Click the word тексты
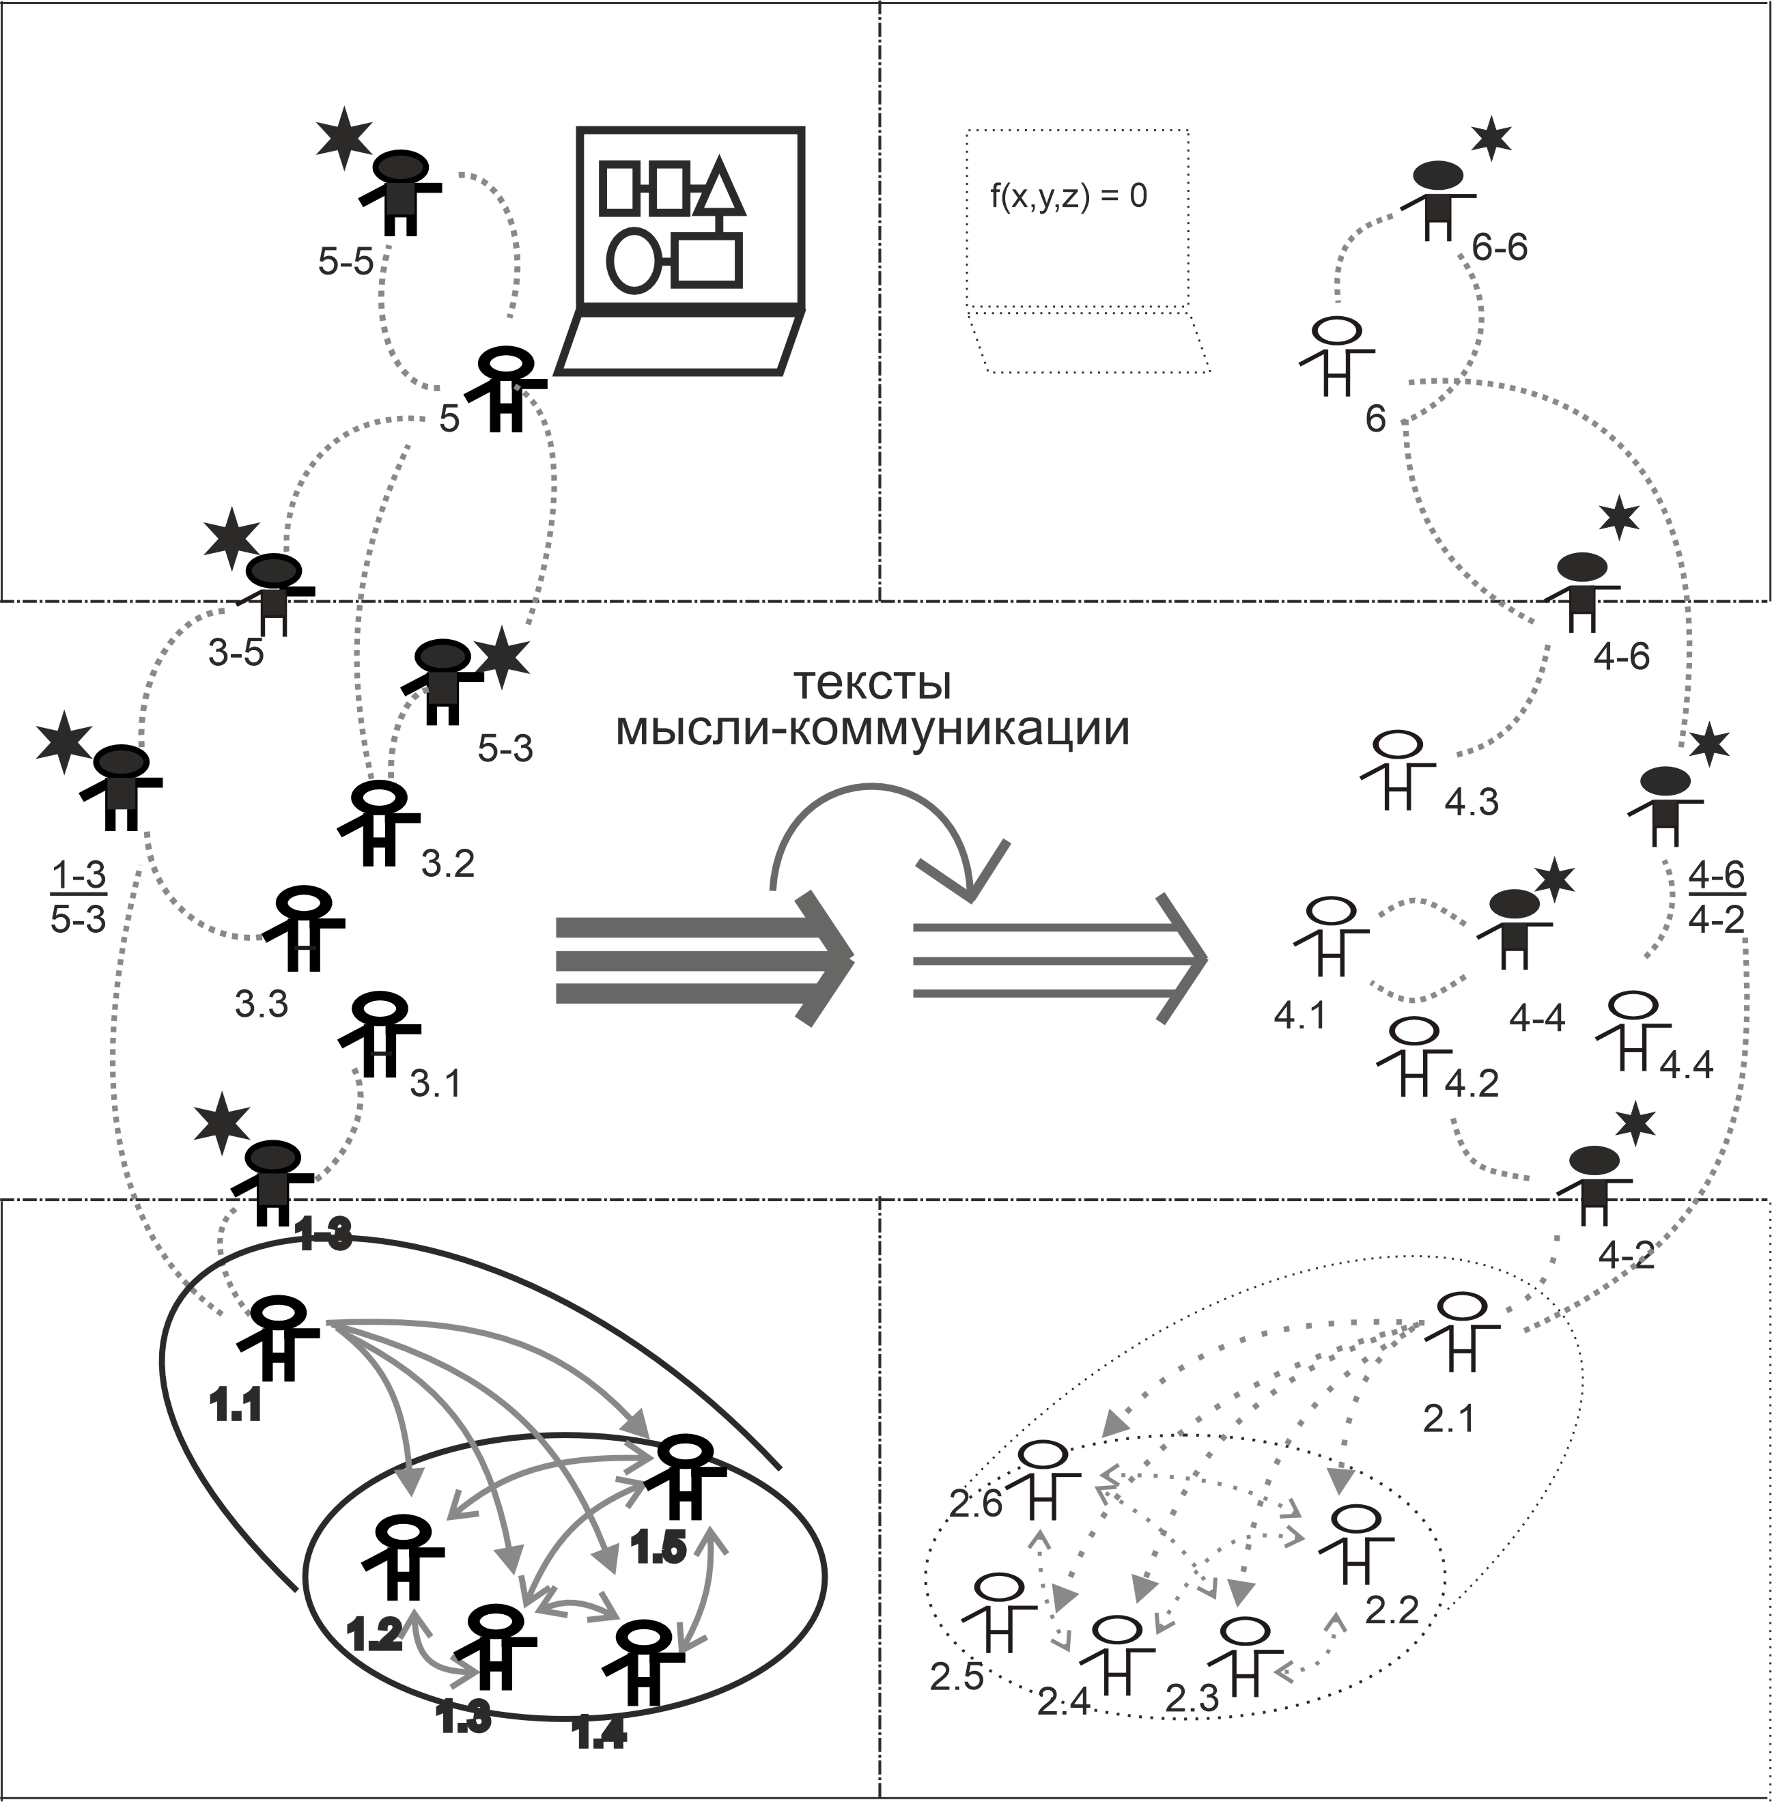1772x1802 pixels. click(x=872, y=684)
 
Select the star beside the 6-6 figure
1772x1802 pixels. click(x=1492, y=139)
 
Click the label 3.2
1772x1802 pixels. click(x=448, y=864)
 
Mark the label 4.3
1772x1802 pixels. click(x=1472, y=802)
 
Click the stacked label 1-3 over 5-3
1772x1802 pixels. click(x=78, y=897)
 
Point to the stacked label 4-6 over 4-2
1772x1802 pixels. click(x=1715, y=897)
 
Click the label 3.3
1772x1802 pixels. click(x=261, y=1004)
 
